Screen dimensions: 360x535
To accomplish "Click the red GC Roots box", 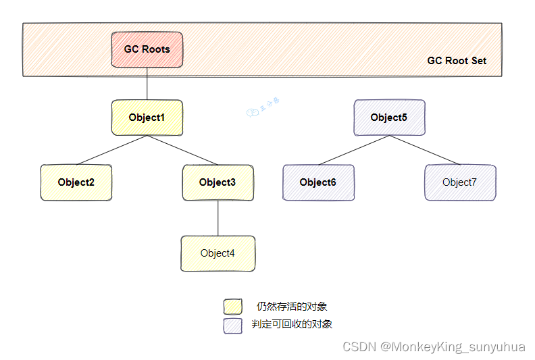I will click(147, 49).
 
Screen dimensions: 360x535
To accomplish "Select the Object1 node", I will click(147, 118).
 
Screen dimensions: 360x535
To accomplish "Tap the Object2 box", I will click(76, 182).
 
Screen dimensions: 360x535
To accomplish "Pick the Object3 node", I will click(218, 182).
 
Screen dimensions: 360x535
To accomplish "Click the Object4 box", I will click(218, 253).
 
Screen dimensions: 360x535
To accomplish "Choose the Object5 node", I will click(389, 118).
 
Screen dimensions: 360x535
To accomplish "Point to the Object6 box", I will click(317, 182).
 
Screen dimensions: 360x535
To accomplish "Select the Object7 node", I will click(460, 182).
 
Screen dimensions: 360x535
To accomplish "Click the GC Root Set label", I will click(457, 61).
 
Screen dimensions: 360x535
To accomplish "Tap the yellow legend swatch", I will click(232, 307).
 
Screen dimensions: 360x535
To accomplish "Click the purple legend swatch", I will click(232, 325).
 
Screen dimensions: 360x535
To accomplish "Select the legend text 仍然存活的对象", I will click(292, 307).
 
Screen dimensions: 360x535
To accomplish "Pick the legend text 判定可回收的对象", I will click(292, 324).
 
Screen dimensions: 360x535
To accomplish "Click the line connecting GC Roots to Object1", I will click(147, 84).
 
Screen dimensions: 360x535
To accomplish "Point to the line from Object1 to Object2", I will click(111, 150).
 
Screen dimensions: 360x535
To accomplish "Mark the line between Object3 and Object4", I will click(218, 217).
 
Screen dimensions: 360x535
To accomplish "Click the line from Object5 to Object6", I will click(353, 150).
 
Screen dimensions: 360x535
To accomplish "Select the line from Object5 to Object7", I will click(424, 150).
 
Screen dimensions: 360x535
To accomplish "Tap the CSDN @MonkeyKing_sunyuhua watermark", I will click(434, 347).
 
